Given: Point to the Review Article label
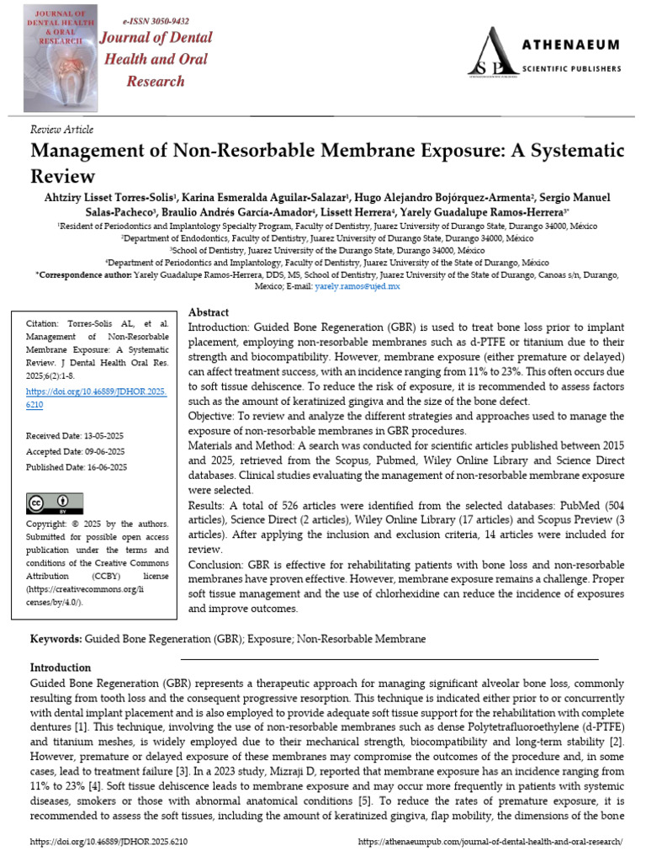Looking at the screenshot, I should [61, 130].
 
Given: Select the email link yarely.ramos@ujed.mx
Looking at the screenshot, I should [357, 287].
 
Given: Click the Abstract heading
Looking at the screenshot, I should [209, 312].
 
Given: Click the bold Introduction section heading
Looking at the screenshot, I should [61, 668].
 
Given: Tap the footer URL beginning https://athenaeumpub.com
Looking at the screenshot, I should [490, 842].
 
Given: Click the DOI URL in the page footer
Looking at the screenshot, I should [109, 842].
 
